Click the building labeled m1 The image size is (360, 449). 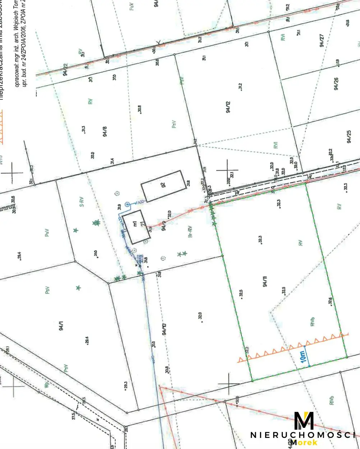click(x=136, y=226)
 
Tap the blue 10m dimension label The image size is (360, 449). click(x=304, y=357)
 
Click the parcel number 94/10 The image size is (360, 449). click(x=165, y=329)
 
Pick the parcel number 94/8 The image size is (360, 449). click(x=105, y=132)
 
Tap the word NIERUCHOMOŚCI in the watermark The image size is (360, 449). click(x=303, y=435)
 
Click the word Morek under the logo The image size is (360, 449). click(x=304, y=443)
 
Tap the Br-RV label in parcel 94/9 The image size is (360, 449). click(x=191, y=232)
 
